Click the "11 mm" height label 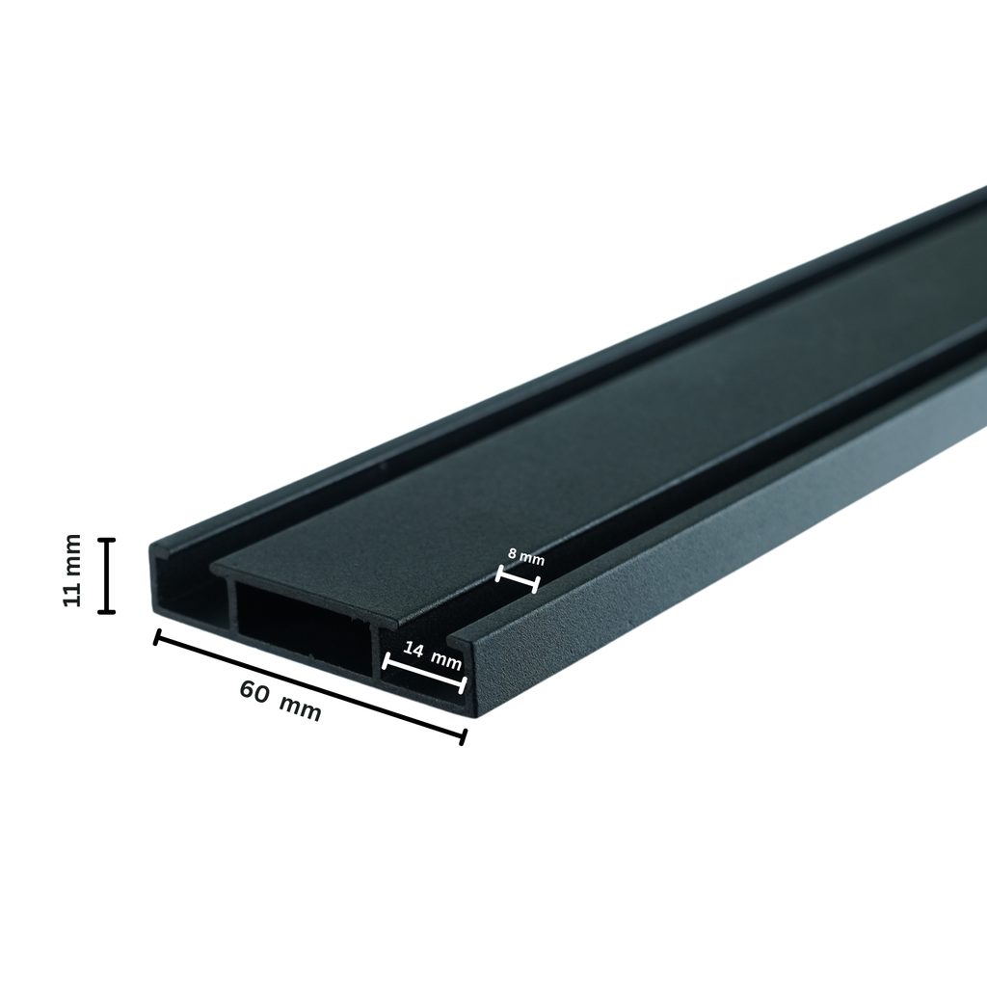[x=72, y=571]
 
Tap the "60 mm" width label [x=280, y=701]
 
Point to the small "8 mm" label [x=525, y=556]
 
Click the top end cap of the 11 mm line [x=106, y=540]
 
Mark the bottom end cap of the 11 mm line [x=106, y=610]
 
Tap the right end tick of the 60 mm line [x=464, y=736]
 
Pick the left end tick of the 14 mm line [x=385, y=661]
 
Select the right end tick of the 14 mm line [x=465, y=685]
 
